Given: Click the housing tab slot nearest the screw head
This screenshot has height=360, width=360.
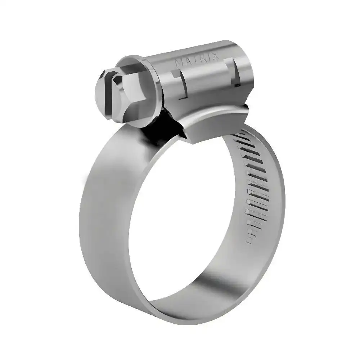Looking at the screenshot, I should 182,85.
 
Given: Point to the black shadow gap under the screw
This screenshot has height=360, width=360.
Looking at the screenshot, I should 158,124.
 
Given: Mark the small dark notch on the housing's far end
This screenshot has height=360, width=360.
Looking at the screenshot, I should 237,85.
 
